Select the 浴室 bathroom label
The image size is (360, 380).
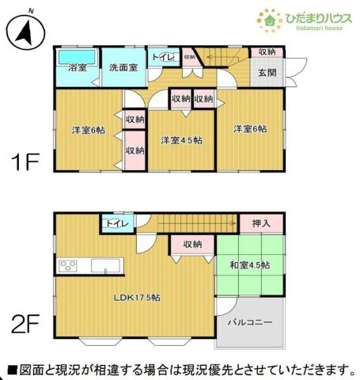point(77,68)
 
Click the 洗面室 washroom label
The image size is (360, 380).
point(123,68)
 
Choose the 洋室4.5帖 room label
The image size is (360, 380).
point(181,140)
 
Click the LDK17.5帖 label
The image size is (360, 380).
point(139,297)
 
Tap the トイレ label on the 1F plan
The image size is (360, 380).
point(163,58)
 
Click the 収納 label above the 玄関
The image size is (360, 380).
point(267,52)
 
